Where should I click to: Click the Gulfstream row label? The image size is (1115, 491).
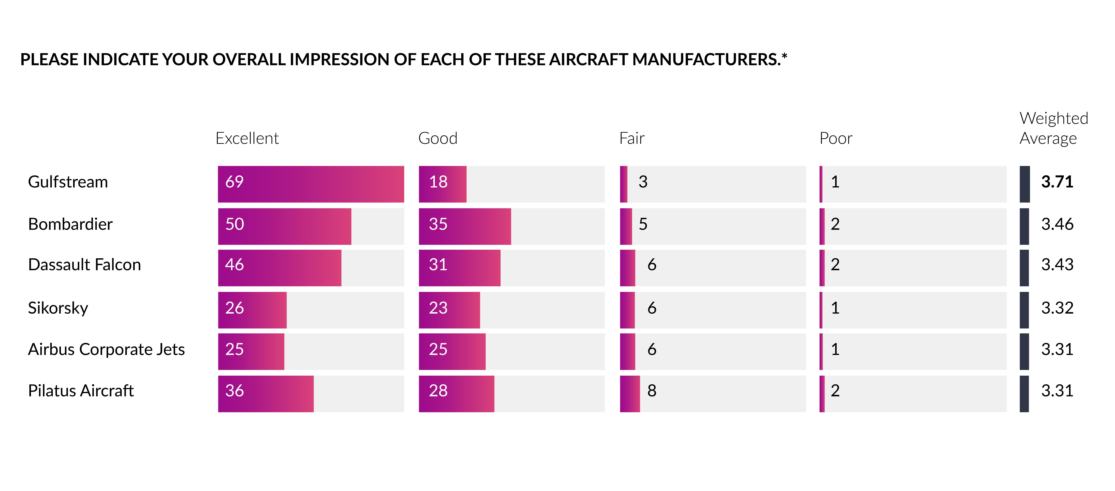(68, 182)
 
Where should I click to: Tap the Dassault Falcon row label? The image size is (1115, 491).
(84, 265)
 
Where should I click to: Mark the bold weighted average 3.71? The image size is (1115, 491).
(1057, 182)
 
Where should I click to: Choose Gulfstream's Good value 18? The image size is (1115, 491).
(438, 182)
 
